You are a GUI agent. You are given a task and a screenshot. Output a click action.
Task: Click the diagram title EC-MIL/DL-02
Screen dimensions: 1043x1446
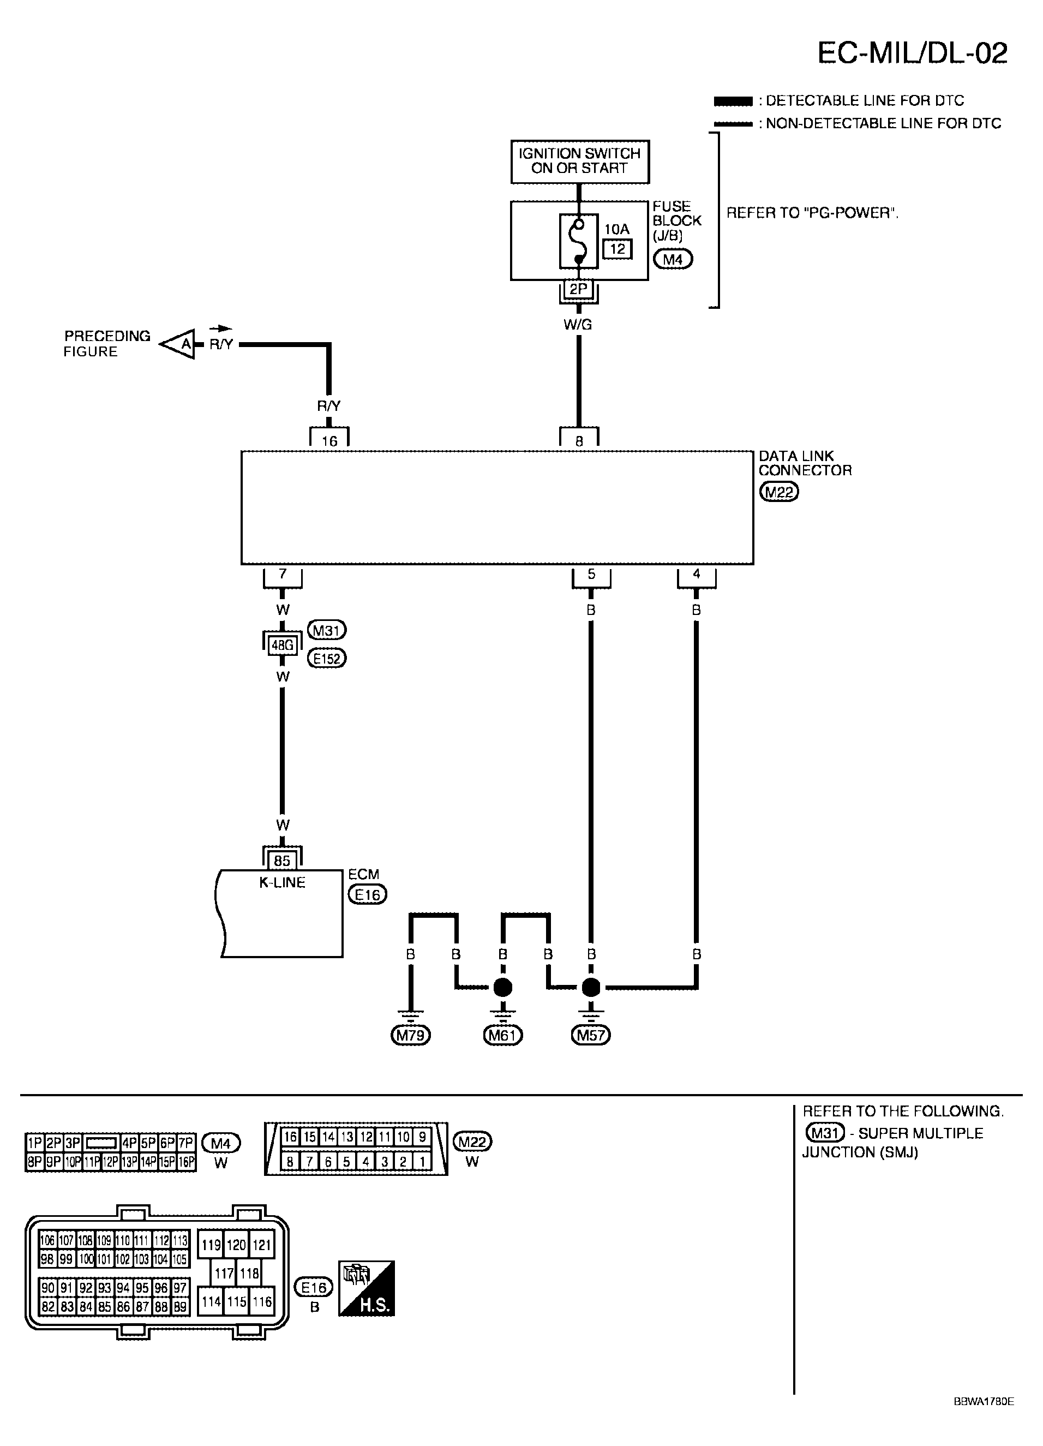point(912,53)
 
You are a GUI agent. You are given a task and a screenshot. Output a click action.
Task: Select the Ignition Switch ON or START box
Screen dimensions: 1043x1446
point(579,162)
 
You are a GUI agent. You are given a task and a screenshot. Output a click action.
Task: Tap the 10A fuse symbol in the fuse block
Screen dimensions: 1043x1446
point(579,241)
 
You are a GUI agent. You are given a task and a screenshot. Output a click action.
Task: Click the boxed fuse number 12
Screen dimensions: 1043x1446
point(618,249)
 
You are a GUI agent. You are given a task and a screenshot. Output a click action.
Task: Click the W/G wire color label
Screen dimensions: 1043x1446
point(578,325)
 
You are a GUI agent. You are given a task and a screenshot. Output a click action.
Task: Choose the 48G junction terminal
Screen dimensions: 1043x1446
point(283,645)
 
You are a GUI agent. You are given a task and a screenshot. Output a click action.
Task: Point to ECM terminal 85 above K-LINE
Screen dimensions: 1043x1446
point(282,861)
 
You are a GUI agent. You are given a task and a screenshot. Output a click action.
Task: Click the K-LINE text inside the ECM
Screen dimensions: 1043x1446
point(282,882)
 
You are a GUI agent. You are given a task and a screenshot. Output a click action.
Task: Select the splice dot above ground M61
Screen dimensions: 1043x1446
point(502,988)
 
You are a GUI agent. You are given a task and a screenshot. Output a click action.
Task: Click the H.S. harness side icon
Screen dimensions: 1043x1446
point(367,1288)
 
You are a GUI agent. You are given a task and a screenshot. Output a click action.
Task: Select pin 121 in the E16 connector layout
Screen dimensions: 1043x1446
point(261,1245)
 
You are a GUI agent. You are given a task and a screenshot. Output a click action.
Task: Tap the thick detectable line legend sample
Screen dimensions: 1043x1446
point(733,101)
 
